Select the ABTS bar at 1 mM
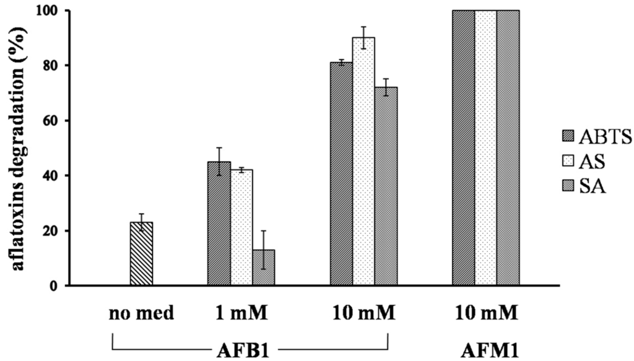click(219, 224)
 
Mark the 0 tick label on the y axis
click(55, 285)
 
